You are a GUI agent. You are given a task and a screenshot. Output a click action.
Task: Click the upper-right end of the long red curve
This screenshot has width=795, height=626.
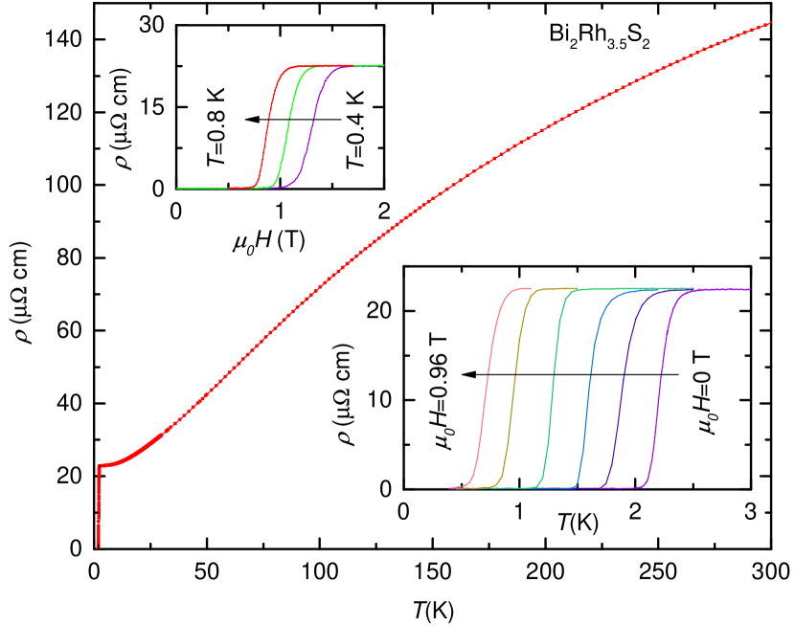[x=770, y=23]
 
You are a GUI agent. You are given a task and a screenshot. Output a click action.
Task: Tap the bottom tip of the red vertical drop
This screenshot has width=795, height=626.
[x=99, y=548]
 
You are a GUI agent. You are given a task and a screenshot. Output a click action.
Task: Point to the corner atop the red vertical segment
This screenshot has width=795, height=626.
[x=99, y=466]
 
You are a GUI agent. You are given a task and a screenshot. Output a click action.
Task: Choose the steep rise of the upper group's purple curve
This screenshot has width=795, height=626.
[x=310, y=124]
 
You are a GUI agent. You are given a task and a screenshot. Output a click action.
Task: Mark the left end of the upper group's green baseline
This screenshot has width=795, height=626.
[x=178, y=188]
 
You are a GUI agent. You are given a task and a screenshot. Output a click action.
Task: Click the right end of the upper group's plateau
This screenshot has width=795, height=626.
[x=383, y=65]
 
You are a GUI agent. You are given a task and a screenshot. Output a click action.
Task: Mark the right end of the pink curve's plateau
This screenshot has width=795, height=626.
[x=530, y=288]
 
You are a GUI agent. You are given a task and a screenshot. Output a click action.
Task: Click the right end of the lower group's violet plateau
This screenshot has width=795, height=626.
[x=749, y=289]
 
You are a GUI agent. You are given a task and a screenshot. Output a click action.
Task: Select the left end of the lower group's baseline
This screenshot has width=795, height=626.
[x=449, y=488]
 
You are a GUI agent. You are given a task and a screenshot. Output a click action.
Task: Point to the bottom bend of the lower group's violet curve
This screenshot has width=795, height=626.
[x=646, y=483]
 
